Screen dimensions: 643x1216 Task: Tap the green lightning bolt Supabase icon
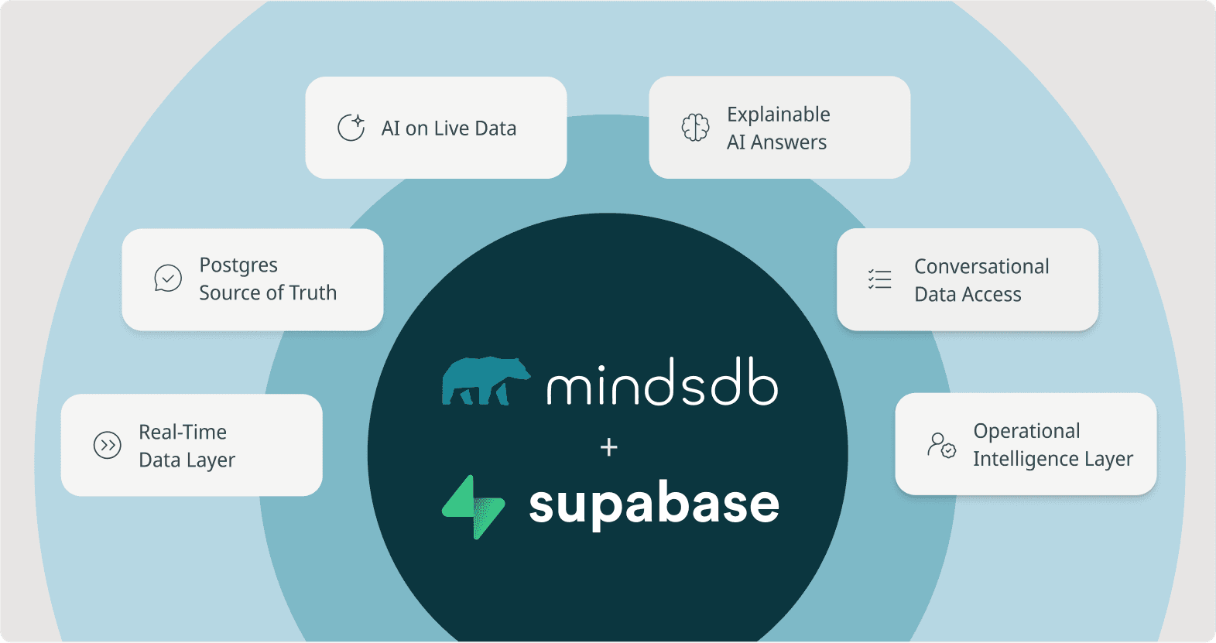tap(473, 507)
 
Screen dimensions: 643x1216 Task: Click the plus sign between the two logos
tap(609, 447)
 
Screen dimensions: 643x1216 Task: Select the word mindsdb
tap(662, 382)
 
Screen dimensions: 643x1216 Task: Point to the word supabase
tap(654, 504)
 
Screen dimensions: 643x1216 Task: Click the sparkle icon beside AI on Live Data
tap(351, 128)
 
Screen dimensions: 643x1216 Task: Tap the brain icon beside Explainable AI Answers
tap(695, 128)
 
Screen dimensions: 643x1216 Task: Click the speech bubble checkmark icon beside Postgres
tap(168, 279)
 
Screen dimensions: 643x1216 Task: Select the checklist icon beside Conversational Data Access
tap(880, 279)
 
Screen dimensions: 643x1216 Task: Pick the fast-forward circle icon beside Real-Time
tap(108, 445)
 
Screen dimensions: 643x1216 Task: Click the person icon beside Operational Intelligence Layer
tap(941, 445)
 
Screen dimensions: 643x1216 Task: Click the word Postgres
tap(238, 265)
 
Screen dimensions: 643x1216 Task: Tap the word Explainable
tap(778, 115)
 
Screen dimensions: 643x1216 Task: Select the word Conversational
tap(981, 267)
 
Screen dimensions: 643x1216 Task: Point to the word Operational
tap(1026, 431)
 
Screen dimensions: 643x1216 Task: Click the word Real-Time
tap(183, 432)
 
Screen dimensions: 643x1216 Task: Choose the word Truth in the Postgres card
tap(313, 293)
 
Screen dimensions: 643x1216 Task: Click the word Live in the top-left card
tap(450, 128)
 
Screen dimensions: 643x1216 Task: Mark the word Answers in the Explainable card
tap(788, 142)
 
